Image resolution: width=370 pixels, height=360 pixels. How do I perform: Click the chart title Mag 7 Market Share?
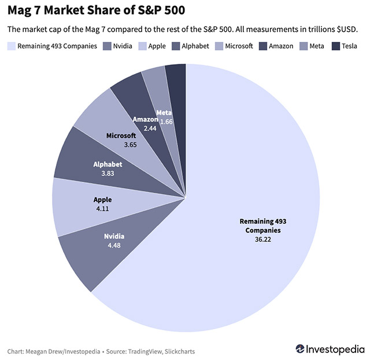pos(96,10)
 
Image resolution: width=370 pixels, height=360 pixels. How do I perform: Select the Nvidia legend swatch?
pos(107,46)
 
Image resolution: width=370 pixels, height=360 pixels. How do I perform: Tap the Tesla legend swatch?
pos(336,46)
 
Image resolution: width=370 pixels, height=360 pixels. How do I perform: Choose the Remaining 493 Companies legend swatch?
pos(11,46)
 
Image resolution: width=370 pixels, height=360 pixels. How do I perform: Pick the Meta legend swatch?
pos(304,46)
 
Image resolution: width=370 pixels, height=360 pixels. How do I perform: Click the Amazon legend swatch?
pos(263,46)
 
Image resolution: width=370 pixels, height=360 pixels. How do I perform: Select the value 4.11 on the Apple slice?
pos(102,208)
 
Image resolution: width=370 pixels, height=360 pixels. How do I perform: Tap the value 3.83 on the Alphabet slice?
pos(108,172)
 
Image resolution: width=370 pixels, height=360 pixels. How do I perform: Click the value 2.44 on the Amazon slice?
pos(150,127)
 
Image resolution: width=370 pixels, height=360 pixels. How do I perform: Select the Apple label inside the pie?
pos(102,200)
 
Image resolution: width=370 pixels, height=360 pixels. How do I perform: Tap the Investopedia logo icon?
pos(301,349)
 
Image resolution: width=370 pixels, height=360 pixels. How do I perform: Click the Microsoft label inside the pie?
pos(121,135)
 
